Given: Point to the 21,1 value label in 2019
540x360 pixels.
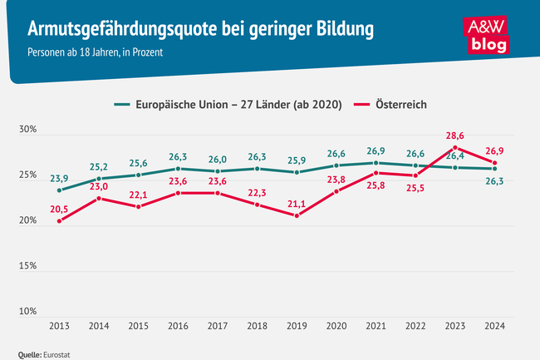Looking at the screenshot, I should pos(297,201).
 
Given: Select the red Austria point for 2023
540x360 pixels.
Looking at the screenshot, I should pos(455,148).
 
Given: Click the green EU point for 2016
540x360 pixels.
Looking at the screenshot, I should pos(178,169).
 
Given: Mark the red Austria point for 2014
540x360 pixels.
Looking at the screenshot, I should pos(98,199).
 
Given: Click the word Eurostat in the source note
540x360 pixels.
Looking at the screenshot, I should pos(56,353).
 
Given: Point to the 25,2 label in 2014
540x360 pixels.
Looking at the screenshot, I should pos(98,165).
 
